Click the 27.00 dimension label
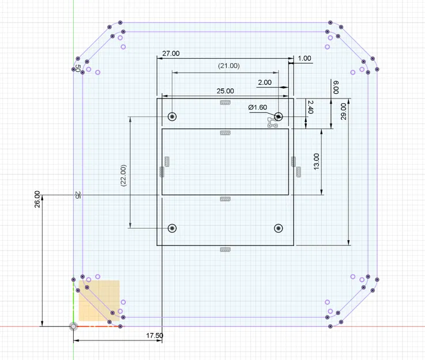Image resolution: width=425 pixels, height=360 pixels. (171, 53)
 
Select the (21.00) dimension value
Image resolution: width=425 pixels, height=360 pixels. (228, 66)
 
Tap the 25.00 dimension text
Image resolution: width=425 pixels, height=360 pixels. (225, 91)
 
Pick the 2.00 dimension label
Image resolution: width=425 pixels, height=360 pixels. (265, 82)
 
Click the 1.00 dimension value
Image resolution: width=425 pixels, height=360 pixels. (304, 58)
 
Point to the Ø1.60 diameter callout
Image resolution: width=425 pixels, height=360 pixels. (258, 108)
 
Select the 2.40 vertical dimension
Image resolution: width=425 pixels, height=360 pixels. (310, 107)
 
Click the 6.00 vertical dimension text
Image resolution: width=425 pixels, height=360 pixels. (336, 88)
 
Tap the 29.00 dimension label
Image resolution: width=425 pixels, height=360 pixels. (344, 111)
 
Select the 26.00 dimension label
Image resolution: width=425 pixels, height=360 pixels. (37, 199)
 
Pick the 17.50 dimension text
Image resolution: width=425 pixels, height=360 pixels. (155, 335)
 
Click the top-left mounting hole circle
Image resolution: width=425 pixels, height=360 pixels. (172, 116)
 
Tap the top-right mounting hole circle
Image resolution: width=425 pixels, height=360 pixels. (279, 116)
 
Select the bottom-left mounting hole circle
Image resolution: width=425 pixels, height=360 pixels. (172, 228)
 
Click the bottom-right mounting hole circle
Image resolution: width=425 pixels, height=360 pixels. (279, 228)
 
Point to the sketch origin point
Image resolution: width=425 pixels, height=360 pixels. (73, 327)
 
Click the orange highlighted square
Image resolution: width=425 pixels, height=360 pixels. (99, 300)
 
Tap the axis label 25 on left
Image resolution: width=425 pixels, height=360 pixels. (77, 195)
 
